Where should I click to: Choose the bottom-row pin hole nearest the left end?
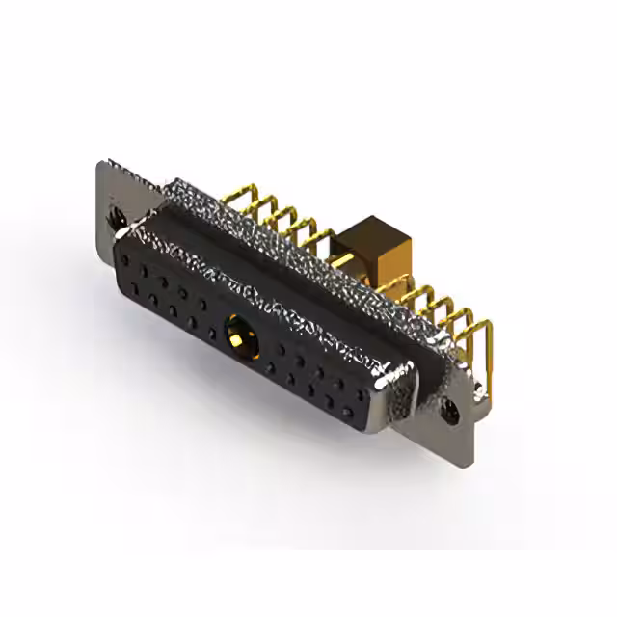click(x=138, y=286)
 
